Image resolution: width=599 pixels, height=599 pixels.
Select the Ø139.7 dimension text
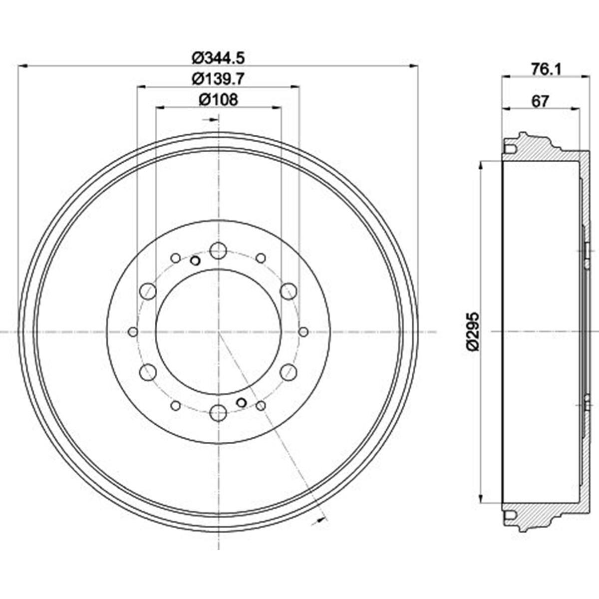(218, 79)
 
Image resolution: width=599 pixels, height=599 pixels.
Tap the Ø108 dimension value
(218, 100)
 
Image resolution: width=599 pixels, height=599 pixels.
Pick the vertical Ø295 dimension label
(472, 331)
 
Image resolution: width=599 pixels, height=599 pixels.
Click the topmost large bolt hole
(218, 251)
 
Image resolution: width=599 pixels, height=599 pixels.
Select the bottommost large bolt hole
(218, 412)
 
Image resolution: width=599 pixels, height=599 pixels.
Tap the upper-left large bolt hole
(148, 291)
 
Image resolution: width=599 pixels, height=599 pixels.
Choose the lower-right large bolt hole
(289, 372)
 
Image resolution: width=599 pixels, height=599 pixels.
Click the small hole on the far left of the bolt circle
(133, 331)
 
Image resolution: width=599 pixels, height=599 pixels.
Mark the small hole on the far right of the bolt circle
(303, 331)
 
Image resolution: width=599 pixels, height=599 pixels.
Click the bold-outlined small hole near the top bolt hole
(195, 261)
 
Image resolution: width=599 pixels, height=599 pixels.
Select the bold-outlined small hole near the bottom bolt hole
(241, 402)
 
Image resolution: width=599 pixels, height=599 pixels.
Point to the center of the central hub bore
(218, 331)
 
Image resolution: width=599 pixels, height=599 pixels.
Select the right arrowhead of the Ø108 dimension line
(277, 107)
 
